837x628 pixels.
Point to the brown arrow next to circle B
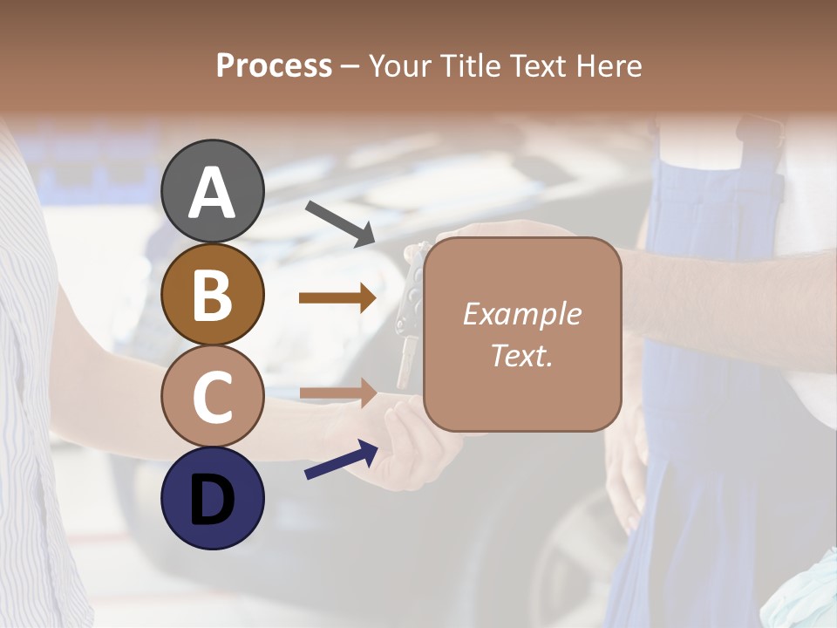(x=337, y=298)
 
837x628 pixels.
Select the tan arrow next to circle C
(x=337, y=392)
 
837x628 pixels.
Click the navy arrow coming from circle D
(x=341, y=460)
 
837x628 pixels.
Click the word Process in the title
(x=274, y=65)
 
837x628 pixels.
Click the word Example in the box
(x=521, y=314)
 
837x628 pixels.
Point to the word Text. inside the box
(x=521, y=355)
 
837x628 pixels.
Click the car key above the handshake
(x=410, y=305)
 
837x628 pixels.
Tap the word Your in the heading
(x=399, y=65)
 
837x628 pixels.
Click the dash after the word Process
(x=350, y=66)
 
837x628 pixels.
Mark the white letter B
(x=213, y=295)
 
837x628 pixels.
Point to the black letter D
(x=213, y=499)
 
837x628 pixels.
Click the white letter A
(x=213, y=192)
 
